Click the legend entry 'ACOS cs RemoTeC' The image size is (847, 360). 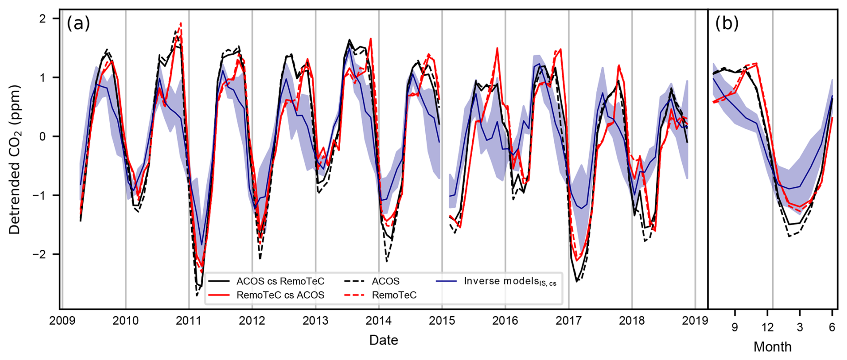[x=280, y=281]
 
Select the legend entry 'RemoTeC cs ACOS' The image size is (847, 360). [x=280, y=295]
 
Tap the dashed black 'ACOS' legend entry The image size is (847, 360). [x=385, y=281]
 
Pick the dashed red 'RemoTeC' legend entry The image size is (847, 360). [x=394, y=295]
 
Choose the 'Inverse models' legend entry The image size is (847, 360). [x=510, y=281]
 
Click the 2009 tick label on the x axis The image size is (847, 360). [x=62, y=321]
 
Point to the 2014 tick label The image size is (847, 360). [x=379, y=321]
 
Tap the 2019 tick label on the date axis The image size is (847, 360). [x=695, y=321]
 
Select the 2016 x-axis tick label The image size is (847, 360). [x=505, y=321]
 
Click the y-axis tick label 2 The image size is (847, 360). [x=43, y=19]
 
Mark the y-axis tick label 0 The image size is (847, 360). [x=43, y=137]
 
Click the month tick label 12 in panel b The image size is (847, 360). [x=767, y=327]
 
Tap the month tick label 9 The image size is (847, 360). [x=735, y=327]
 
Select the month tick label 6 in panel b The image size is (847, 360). [x=832, y=327]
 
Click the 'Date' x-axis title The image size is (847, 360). [x=384, y=340]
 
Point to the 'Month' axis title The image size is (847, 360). [x=772, y=347]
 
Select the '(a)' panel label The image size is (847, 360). [x=78, y=23]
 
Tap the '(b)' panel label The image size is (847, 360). [x=727, y=23]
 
